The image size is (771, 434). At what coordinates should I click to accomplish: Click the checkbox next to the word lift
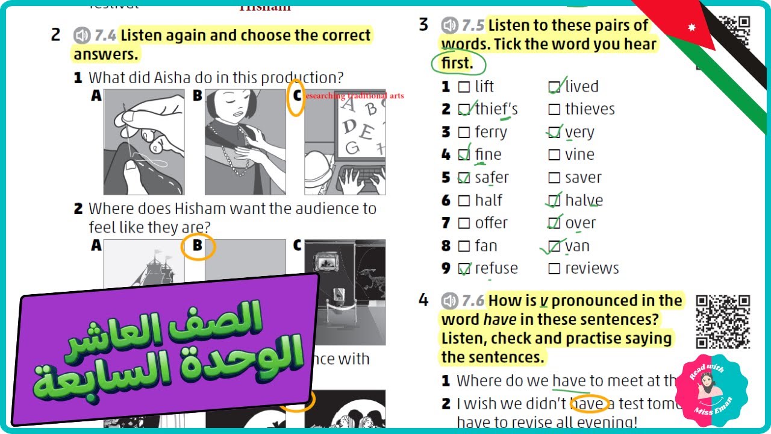[x=464, y=87]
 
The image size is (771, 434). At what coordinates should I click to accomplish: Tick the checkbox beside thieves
[x=554, y=110]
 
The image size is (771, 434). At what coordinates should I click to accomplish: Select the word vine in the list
[x=579, y=155]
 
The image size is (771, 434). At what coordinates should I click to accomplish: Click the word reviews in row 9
[x=592, y=268]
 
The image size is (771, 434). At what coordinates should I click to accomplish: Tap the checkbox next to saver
[x=554, y=178]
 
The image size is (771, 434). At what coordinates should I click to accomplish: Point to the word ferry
[x=491, y=133]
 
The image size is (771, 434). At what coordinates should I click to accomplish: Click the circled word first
[x=457, y=63]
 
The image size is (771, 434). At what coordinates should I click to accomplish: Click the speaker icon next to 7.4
[x=82, y=36]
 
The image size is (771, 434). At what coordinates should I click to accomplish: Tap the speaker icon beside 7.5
[x=449, y=26]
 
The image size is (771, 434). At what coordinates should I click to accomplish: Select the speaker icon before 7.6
[x=449, y=300]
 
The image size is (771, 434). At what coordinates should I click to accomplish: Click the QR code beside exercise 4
[x=723, y=321]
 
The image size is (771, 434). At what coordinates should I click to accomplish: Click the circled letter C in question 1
[x=296, y=96]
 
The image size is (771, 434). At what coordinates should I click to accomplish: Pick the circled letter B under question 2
[x=198, y=246]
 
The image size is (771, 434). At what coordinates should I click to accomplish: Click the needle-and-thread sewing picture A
[x=144, y=142]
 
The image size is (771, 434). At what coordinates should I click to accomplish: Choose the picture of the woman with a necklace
[x=245, y=142]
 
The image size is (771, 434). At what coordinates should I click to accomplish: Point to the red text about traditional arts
[x=354, y=96]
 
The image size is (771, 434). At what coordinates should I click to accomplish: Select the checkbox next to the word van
[x=554, y=246]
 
